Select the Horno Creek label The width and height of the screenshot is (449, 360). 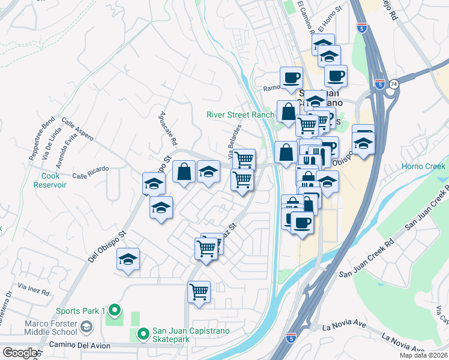(x=424, y=166)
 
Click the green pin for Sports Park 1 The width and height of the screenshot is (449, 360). (x=115, y=311)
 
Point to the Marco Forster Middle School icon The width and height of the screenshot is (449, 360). (x=87, y=328)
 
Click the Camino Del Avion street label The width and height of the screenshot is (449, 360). (x=88, y=346)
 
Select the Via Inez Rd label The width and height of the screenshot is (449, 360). (x=34, y=287)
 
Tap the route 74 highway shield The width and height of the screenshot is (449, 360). (x=394, y=85)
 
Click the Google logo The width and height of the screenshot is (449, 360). (x=20, y=353)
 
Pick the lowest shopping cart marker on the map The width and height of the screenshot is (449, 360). (x=199, y=292)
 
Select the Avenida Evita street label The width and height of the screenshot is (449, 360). (x=64, y=152)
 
